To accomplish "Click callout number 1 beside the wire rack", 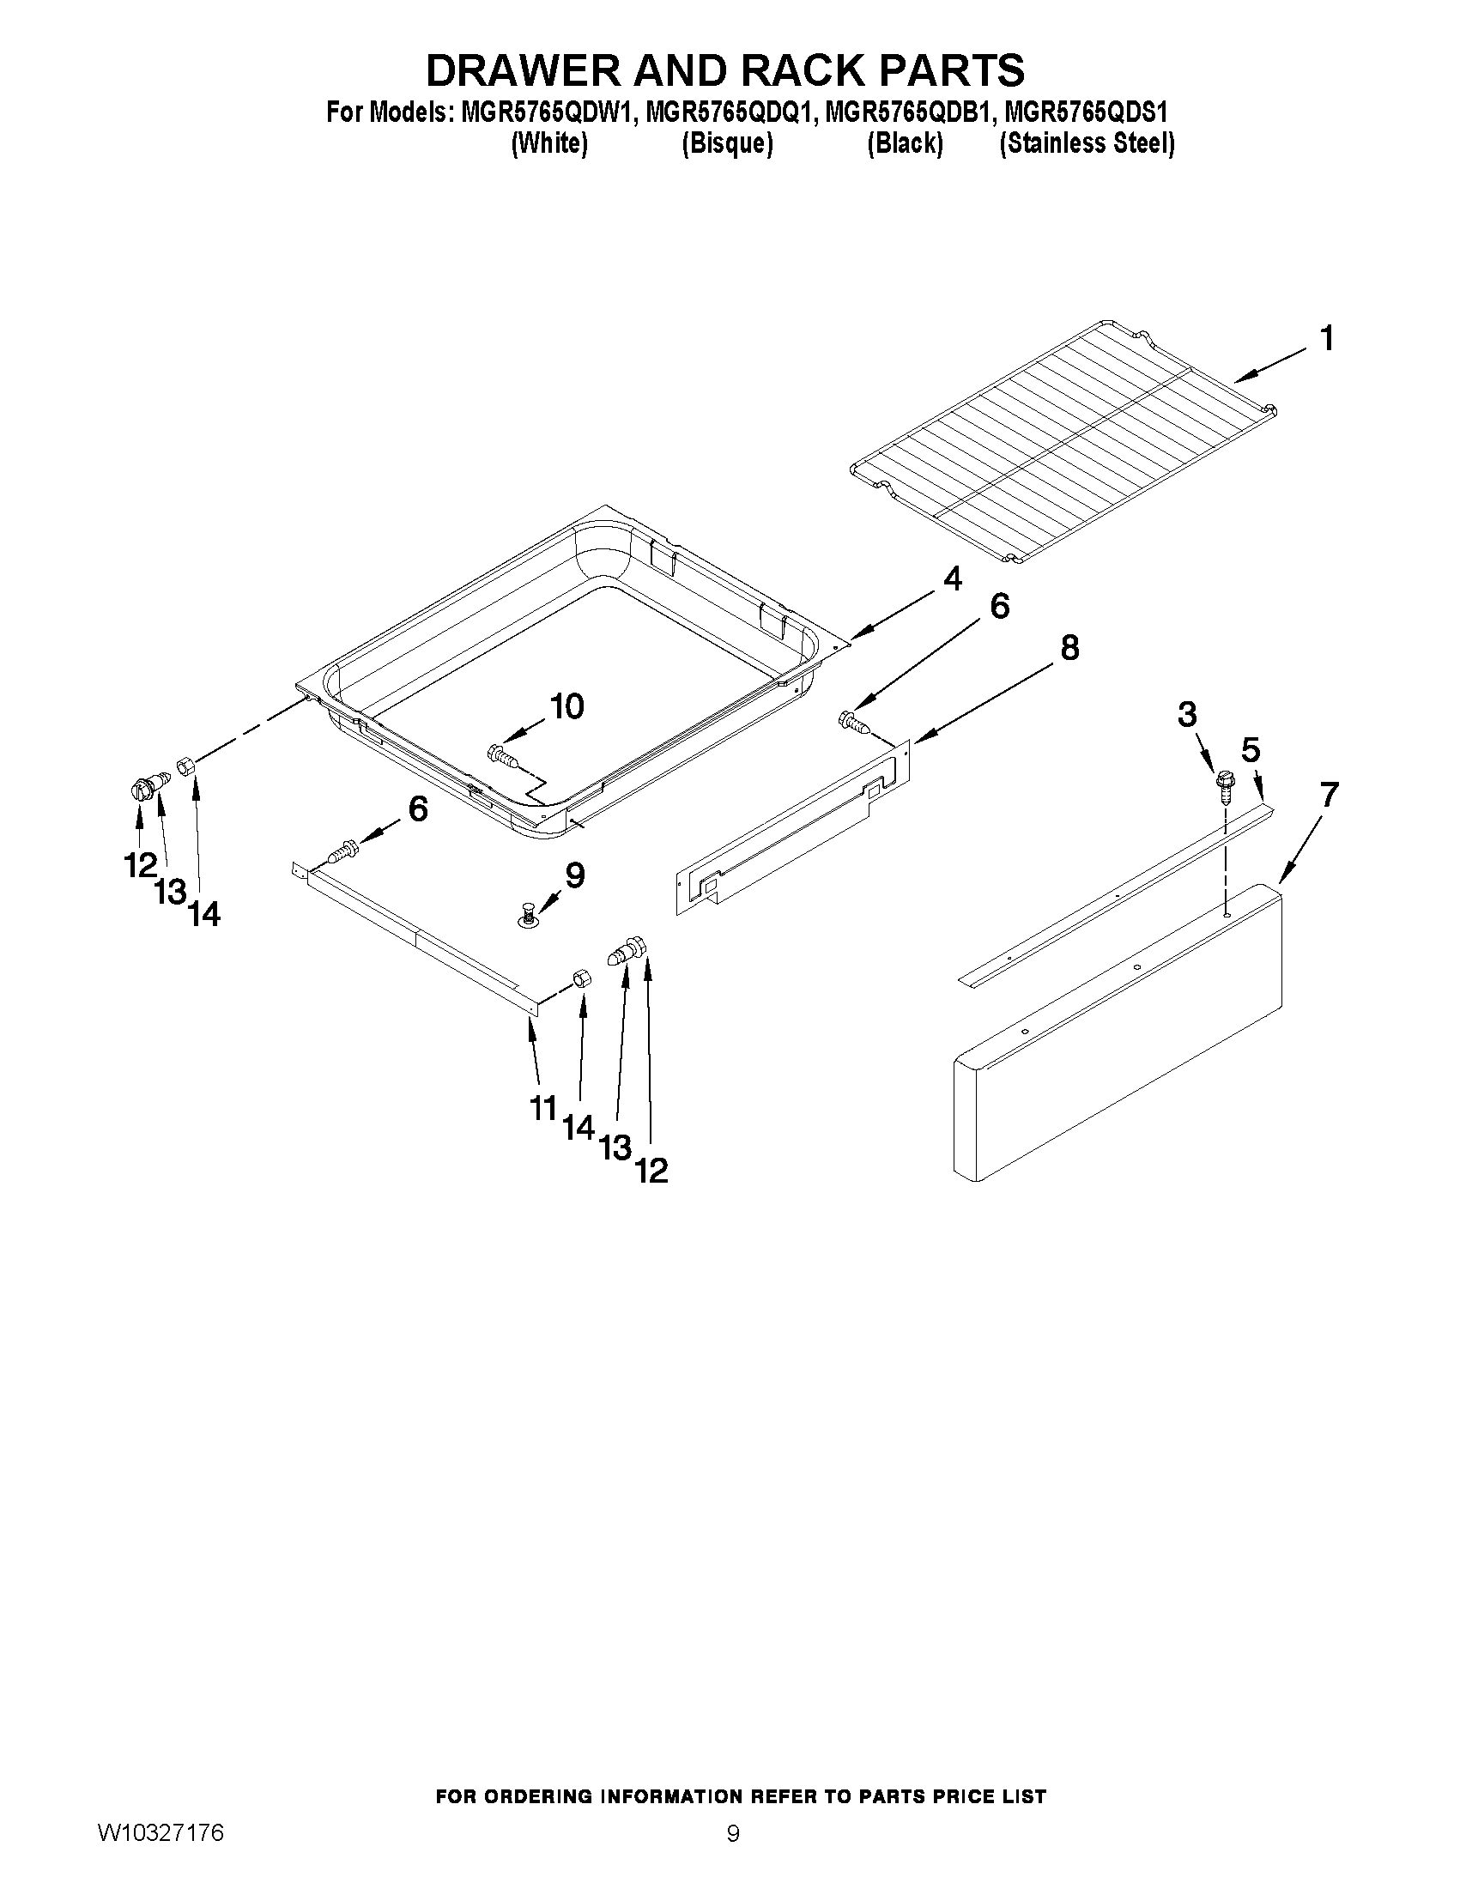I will [1326, 339].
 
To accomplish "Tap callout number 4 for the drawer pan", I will [951, 578].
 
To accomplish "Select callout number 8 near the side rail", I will [1070, 647].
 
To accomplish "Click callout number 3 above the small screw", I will [1188, 714].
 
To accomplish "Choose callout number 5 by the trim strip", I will [1251, 749].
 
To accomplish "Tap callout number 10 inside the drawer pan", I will [566, 706].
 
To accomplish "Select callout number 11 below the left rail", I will [542, 1108].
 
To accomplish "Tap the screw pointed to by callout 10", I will [503, 755].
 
